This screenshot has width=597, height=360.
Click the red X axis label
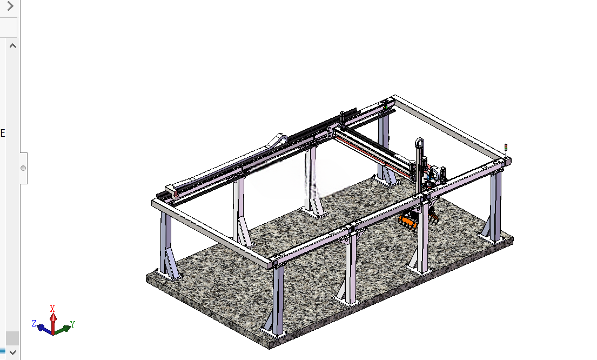click(52, 309)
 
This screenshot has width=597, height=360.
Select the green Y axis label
click(72, 324)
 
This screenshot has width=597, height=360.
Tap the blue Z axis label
click(34, 323)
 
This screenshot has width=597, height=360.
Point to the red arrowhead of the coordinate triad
click(53, 317)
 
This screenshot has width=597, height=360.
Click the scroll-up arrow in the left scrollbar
click(12, 46)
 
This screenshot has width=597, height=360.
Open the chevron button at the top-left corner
click(10, 6)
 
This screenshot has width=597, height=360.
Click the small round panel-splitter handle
click(23, 168)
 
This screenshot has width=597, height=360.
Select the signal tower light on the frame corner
click(506, 149)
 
